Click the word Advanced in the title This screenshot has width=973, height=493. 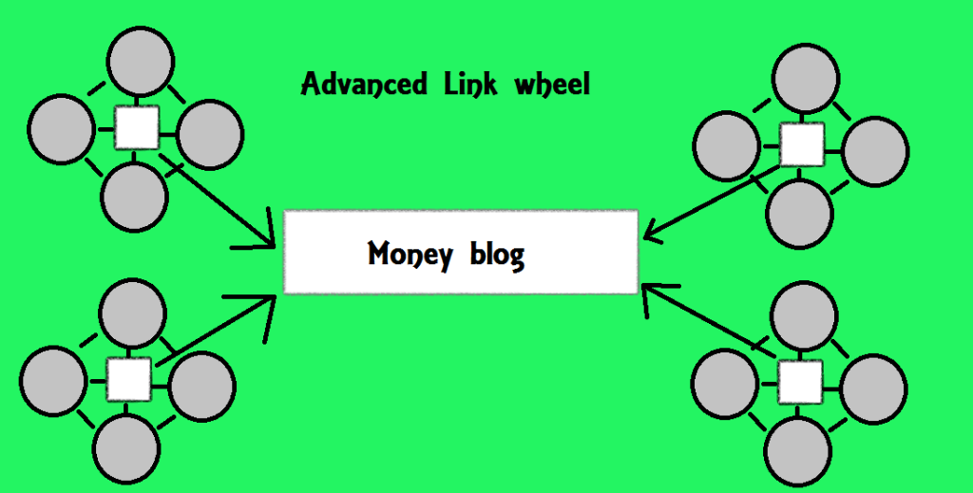click(363, 85)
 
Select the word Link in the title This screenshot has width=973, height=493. click(467, 84)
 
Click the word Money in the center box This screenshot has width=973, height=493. click(409, 255)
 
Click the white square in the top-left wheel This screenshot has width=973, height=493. click(136, 127)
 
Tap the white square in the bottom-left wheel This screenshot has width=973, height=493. click(128, 379)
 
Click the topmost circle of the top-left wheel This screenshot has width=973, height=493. click(141, 61)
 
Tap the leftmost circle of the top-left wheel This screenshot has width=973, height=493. click(63, 127)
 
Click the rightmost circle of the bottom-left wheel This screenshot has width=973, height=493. click(200, 384)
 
